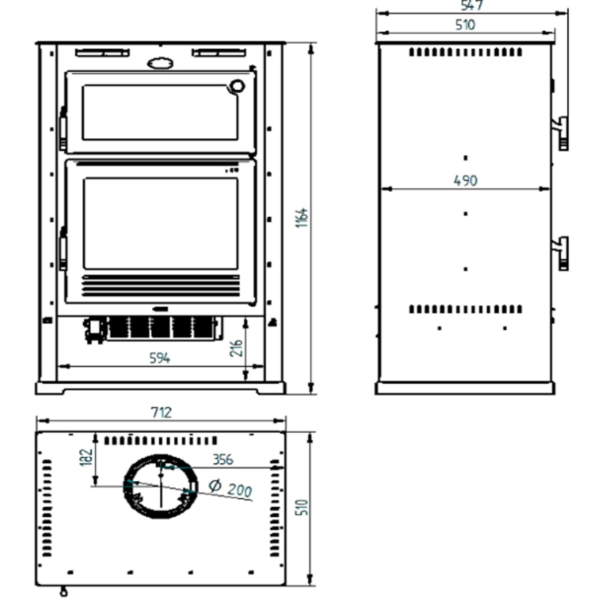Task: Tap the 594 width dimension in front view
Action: [x=160, y=358]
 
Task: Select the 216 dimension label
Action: [x=236, y=348]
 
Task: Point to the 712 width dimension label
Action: [x=161, y=412]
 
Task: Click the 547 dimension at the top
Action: [x=472, y=6]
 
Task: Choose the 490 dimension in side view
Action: [x=465, y=180]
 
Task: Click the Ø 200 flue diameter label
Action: [x=231, y=488]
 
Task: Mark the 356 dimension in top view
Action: [x=222, y=459]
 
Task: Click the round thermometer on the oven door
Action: [x=235, y=86]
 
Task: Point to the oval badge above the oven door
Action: [x=160, y=63]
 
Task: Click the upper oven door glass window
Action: [x=160, y=112]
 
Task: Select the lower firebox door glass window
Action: [x=160, y=223]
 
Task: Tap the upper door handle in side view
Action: [x=561, y=133]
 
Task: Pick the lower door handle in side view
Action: [x=561, y=253]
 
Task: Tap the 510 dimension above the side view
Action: [x=465, y=25]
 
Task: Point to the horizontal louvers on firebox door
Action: [x=161, y=285]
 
